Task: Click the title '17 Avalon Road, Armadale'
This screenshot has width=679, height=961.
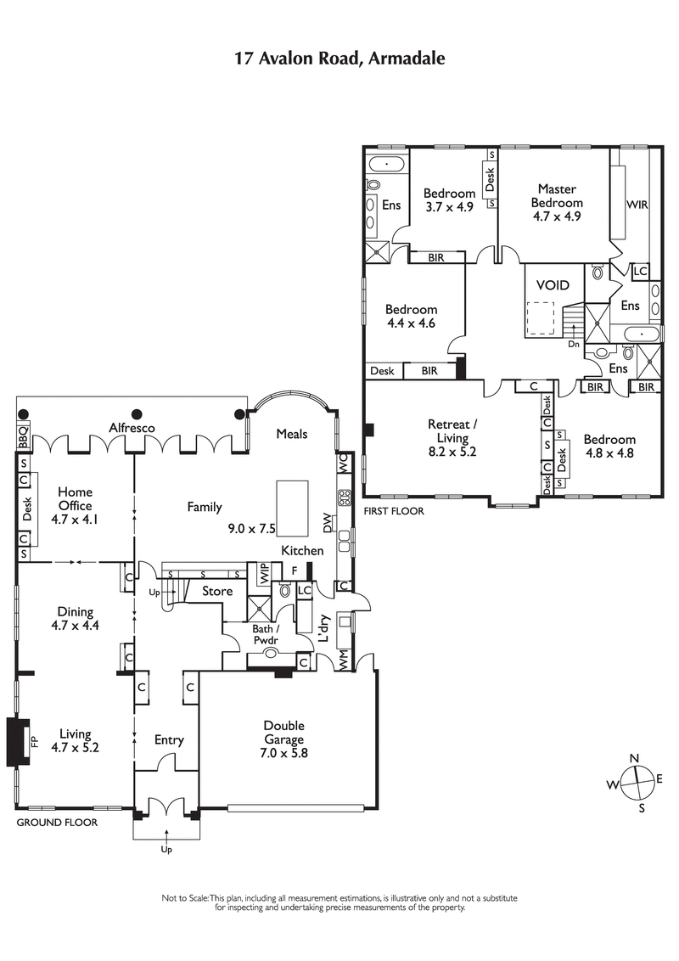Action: [339, 58]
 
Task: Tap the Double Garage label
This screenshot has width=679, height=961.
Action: [283, 733]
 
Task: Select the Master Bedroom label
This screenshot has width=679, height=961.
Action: [557, 196]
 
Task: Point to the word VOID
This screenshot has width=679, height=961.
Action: [547, 286]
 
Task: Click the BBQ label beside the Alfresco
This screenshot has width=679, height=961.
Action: [23, 436]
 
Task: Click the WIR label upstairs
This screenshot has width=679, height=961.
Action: [637, 205]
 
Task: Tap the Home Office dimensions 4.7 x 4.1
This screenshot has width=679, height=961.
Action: [75, 520]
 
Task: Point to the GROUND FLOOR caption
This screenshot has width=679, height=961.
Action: [57, 823]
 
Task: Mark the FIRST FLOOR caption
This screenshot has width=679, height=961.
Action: [393, 511]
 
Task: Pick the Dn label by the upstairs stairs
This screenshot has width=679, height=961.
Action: [574, 345]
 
